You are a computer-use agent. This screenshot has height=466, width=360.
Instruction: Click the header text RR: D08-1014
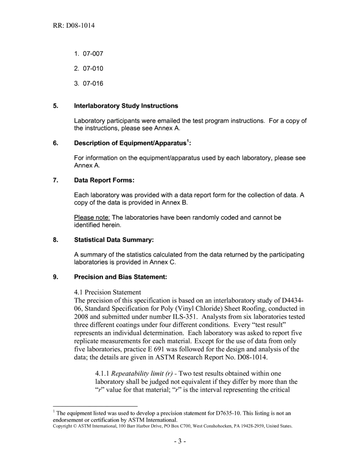tap(74, 26)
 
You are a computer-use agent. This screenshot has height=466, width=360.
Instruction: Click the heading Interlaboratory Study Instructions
tap(126, 106)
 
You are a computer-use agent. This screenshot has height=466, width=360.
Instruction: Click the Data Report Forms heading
tap(104, 180)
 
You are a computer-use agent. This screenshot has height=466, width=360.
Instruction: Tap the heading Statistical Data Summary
tap(114, 240)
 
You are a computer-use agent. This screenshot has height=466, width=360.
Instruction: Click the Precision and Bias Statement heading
tap(121, 277)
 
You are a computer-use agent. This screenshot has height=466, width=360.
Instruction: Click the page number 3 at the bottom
tap(180, 442)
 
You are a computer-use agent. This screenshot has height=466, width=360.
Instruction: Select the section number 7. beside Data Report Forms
tap(55, 180)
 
